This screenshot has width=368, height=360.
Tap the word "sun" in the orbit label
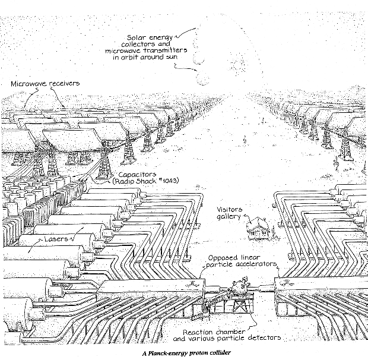[178, 58]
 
